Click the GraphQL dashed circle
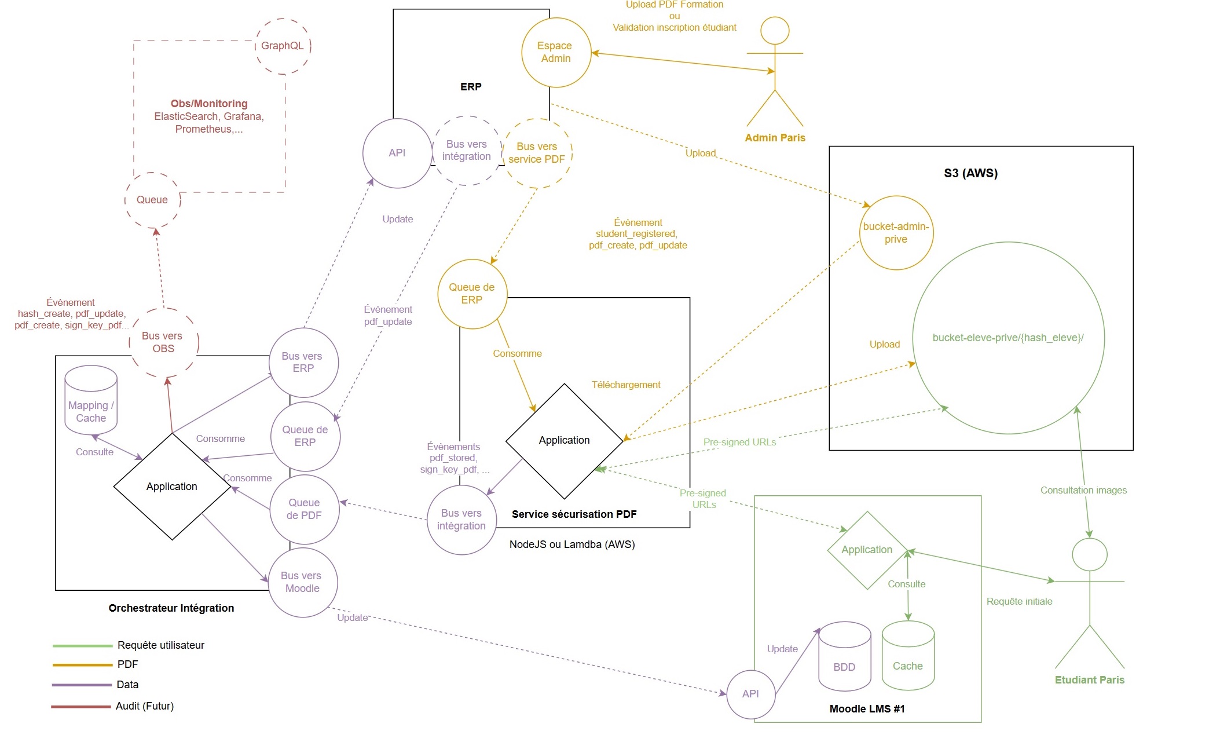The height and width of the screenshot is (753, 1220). coord(283,46)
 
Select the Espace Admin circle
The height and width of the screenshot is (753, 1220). coord(556,52)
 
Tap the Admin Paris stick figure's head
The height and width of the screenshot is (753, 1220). coord(775,30)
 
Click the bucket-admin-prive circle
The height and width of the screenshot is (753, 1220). coord(896,233)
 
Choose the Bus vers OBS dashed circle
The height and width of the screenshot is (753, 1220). coord(163,342)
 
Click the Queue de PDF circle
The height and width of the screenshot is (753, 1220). coord(304,509)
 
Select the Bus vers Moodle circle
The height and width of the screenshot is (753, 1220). coord(302,582)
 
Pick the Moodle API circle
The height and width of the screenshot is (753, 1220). coord(750,694)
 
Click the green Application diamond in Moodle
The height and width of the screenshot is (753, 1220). coord(867,550)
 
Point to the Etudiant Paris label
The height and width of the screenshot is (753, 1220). coord(1089,680)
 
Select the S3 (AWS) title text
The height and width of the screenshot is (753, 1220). coord(970,173)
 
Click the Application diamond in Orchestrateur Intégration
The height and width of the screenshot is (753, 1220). coord(172,487)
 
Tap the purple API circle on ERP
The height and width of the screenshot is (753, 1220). coord(397,153)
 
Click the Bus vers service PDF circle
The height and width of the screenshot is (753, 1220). coord(537,153)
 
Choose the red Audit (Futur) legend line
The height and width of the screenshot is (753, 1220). coord(81,707)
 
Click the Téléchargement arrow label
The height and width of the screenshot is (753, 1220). coord(625,385)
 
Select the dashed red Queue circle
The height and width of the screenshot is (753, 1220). coord(152,200)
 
